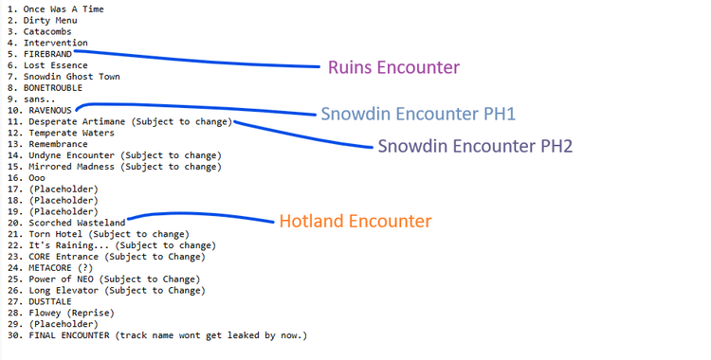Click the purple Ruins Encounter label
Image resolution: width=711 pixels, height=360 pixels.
tap(393, 67)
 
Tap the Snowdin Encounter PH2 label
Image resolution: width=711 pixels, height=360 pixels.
tap(476, 147)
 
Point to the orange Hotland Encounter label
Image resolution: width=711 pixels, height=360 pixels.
tap(355, 221)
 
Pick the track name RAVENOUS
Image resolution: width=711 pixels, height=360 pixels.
tap(50, 110)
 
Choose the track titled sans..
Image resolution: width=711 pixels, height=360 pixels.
tap(35, 99)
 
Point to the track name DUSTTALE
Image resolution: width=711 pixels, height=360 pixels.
tap(49, 300)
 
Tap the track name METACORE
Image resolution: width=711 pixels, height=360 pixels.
tap(49, 267)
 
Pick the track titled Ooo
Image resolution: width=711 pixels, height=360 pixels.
tap(36, 177)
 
